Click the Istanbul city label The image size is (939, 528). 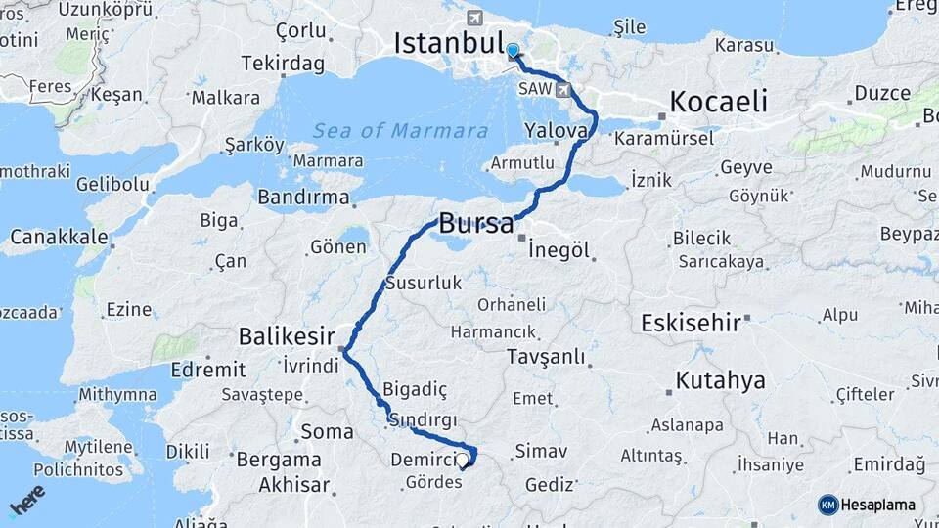448,44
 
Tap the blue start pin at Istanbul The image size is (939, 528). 513,50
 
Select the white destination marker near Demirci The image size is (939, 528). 463,458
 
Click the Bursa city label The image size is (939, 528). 475,224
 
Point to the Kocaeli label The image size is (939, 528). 719,103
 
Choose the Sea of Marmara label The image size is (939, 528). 401,131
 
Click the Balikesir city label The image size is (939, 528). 288,337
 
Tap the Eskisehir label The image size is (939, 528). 691,324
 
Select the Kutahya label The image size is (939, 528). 721,380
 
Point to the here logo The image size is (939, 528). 27,501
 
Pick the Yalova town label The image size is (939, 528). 556,130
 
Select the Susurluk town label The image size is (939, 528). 423,285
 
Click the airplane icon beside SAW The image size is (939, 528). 564,90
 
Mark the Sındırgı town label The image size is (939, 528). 423,419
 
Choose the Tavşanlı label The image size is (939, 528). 546,358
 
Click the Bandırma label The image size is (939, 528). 303,198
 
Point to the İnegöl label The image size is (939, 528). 559,250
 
